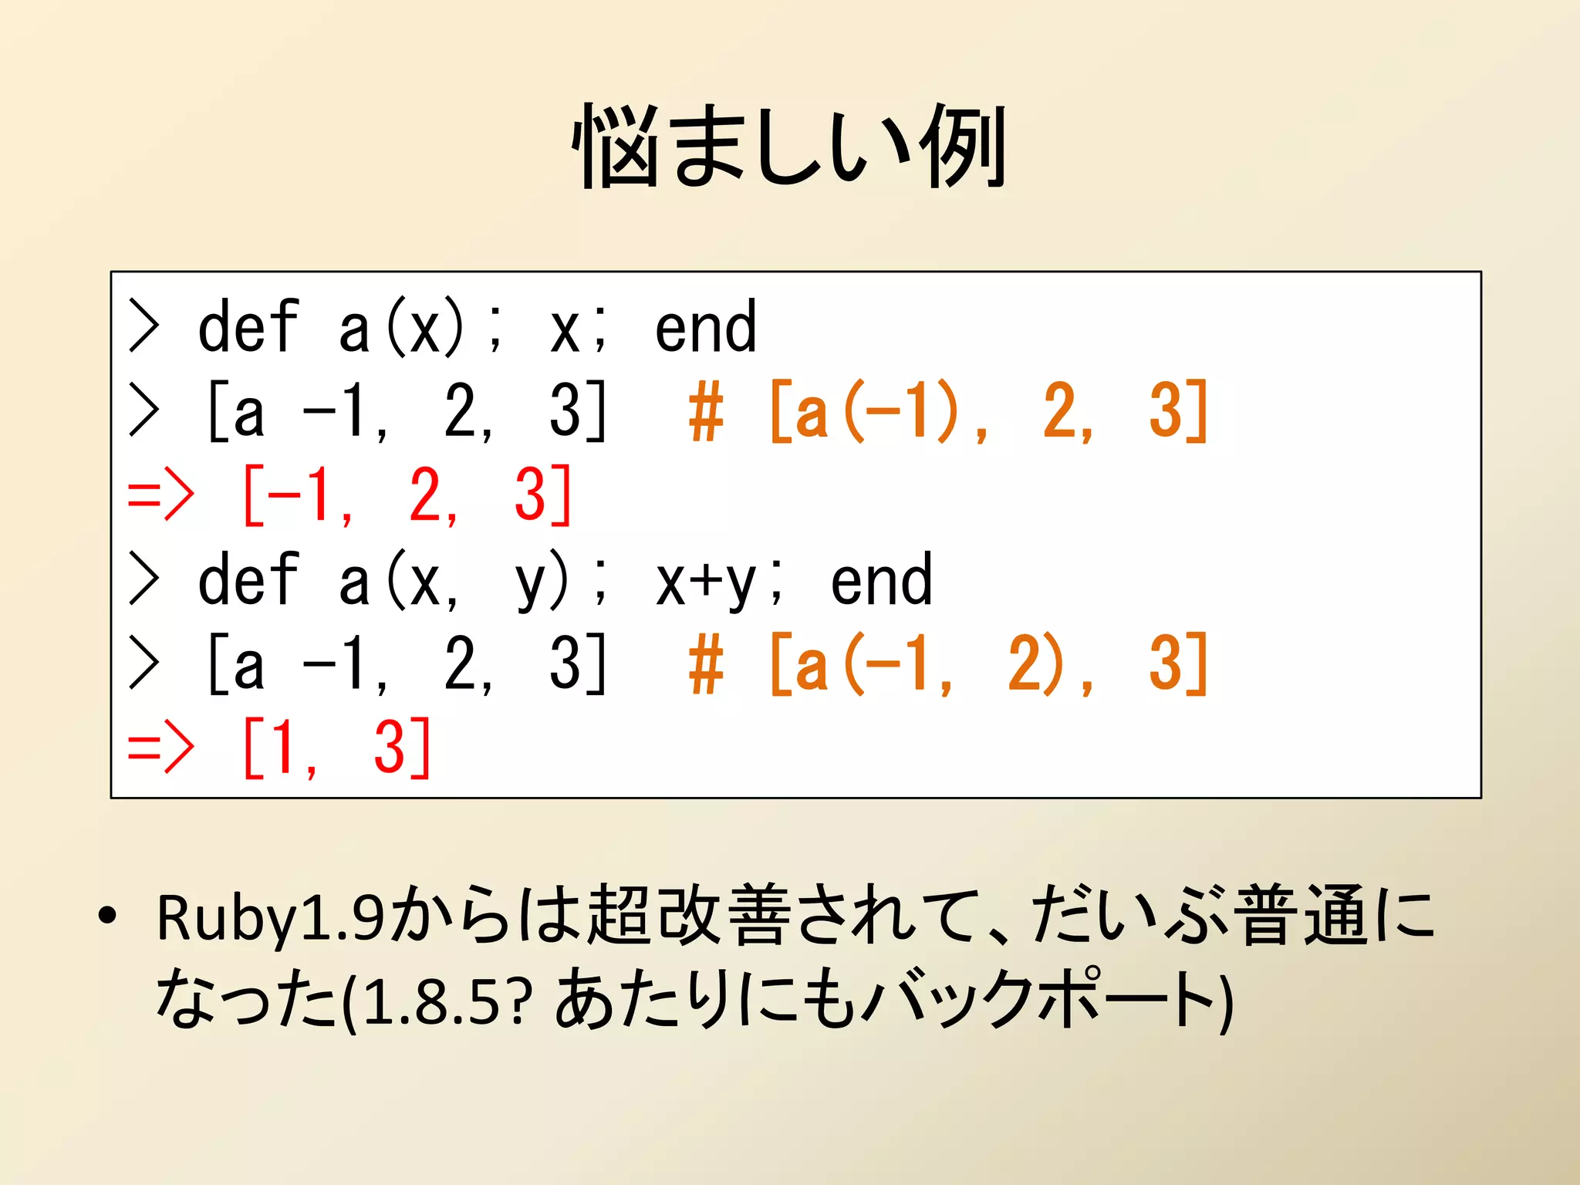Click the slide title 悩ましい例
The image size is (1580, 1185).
click(x=789, y=147)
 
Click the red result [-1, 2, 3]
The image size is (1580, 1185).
click(x=407, y=495)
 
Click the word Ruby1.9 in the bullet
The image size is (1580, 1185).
click(x=270, y=918)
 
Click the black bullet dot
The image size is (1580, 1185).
click(x=107, y=916)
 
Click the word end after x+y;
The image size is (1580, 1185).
click(x=881, y=580)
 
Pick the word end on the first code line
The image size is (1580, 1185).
click(x=705, y=328)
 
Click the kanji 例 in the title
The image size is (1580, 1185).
click(x=964, y=147)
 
